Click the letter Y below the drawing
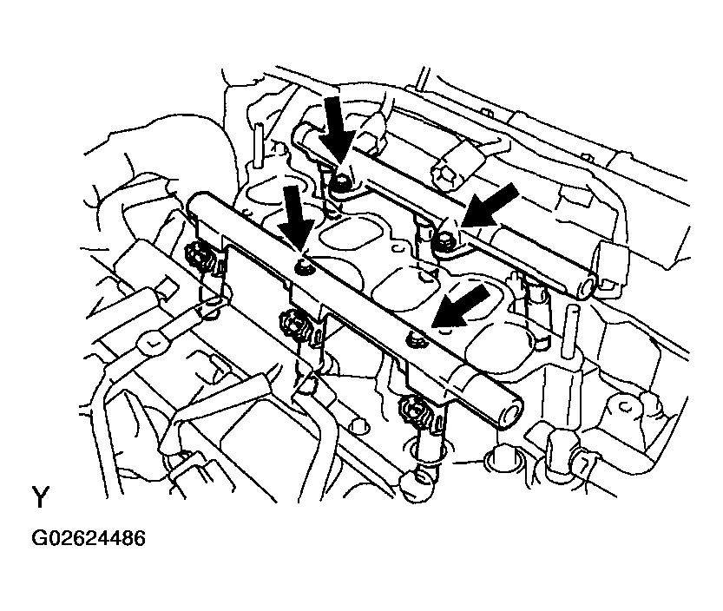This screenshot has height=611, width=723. coord(40,496)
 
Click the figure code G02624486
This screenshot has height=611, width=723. coord(88,538)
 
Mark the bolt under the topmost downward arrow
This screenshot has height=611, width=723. coord(342,183)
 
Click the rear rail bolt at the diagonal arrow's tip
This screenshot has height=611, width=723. coord(446,240)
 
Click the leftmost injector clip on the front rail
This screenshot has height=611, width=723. coord(200,257)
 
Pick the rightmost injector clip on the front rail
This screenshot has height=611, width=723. coord(417,410)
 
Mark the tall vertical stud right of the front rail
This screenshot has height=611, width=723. coord(571,333)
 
